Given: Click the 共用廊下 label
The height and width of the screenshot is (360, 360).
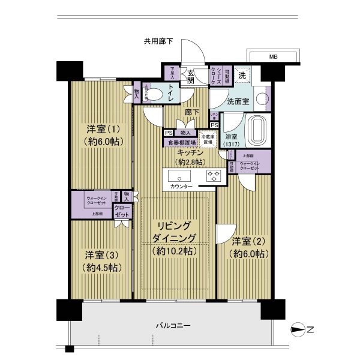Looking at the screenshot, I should coord(158,41).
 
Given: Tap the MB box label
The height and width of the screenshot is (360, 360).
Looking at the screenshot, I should coord(273,57).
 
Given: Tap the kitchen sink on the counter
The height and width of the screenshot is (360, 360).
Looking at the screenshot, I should coord(180,176).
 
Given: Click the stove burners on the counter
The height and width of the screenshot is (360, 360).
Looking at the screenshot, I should coord(214,176).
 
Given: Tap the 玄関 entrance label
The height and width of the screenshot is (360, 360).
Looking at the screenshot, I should coord(190,76).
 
